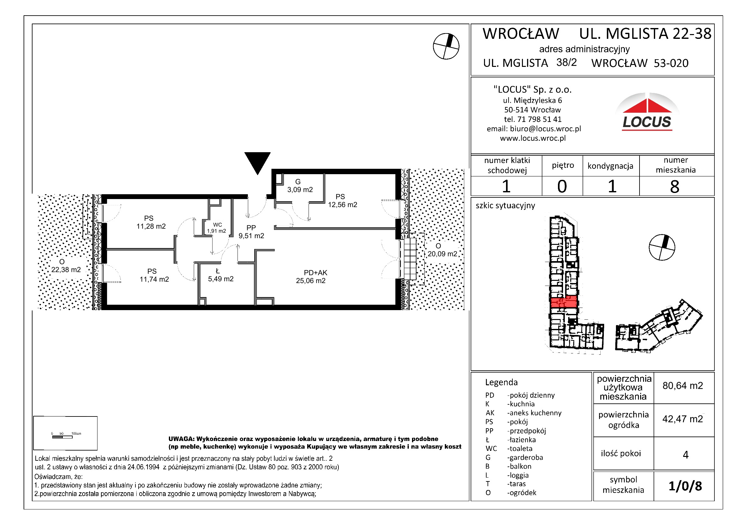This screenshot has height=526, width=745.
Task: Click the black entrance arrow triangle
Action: pyautogui.click(x=257, y=161)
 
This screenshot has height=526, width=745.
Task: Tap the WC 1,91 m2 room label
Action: pyautogui.click(x=217, y=228)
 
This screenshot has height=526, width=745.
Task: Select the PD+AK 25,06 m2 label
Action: pyautogui.click(x=311, y=277)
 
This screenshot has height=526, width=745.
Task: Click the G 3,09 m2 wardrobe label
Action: pyautogui.click(x=300, y=186)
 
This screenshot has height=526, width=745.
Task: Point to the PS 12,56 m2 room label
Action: pyautogui.click(x=342, y=201)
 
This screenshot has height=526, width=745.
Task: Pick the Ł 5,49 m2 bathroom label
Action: pyautogui.click(x=220, y=275)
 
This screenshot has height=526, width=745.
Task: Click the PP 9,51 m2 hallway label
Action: pyautogui.click(x=251, y=232)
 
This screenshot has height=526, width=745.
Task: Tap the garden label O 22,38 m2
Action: pyautogui.click(x=66, y=266)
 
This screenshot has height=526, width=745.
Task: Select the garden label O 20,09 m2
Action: pyautogui.click(x=442, y=250)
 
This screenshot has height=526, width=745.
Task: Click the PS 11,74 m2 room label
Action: pyautogui.click(x=154, y=275)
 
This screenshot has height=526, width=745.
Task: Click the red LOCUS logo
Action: pyautogui.click(x=647, y=112)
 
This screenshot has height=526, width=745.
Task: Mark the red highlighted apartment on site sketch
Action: pyautogui.click(x=564, y=302)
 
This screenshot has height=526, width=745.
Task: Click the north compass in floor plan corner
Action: pyautogui.click(x=446, y=46)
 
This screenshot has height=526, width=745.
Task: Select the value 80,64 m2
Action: pyautogui.click(x=683, y=386)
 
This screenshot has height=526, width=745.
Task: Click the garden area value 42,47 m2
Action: pyautogui.click(x=683, y=419)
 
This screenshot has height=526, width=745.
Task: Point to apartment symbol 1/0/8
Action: pyautogui.click(x=685, y=486)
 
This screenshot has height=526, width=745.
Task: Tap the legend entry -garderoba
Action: pyautogui.click(x=525, y=457)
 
